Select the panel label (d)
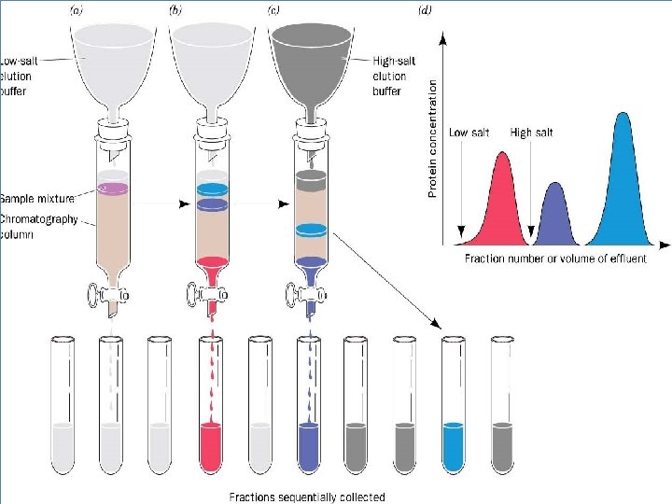(427, 11)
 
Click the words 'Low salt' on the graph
(469, 133)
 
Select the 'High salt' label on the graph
(531, 133)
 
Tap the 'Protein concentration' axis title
(432, 137)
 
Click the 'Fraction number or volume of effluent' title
(555, 259)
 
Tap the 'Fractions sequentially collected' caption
(307, 497)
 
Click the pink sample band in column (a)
(113, 189)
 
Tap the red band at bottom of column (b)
(212, 263)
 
